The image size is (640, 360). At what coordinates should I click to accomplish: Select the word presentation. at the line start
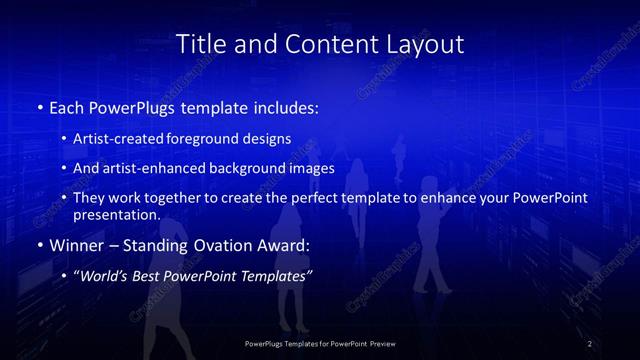(x=116, y=214)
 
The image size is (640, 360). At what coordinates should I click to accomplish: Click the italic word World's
(x=102, y=276)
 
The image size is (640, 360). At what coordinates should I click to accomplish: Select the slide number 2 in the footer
(x=590, y=344)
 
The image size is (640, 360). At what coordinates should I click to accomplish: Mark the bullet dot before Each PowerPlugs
(x=39, y=107)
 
